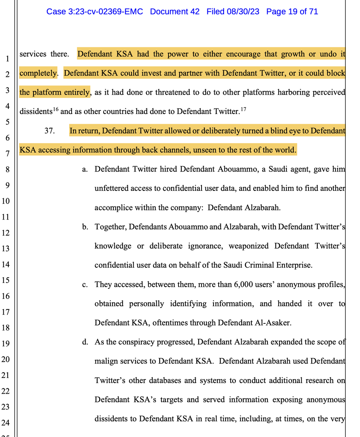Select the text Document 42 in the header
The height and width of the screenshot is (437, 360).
[175, 12]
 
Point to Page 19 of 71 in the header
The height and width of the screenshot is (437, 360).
[292, 12]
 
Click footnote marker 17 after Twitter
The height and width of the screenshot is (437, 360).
[243, 109]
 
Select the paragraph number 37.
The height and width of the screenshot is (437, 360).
[50, 131]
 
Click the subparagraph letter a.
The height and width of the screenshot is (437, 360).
[85, 169]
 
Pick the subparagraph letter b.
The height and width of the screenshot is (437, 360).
[85, 227]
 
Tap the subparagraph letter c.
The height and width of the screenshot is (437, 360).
[85, 284]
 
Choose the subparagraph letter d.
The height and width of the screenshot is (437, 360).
[85, 342]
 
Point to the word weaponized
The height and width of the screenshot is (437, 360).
[249, 246]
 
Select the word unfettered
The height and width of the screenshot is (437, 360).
[111, 188]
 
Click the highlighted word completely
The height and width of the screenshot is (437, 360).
[38, 73]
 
